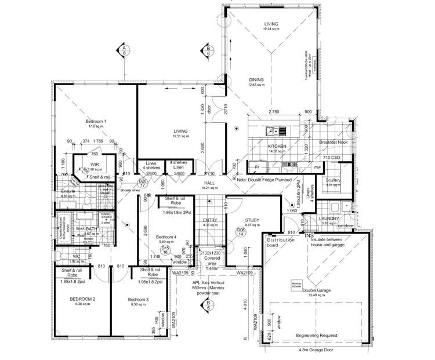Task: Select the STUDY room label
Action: pyautogui.click(x=252, y=220)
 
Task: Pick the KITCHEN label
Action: pyautogui.click(x=277, y=147)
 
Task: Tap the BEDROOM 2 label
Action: pyautogui.click(x=82, y=299)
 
